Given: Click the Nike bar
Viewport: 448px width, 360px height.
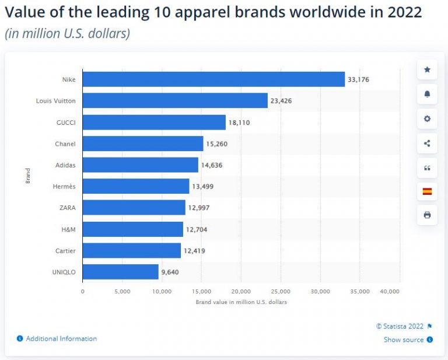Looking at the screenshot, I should pos(213,79).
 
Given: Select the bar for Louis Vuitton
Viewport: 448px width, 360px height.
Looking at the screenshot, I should pos(175,101).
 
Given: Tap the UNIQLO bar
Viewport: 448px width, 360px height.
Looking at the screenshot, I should pos(121,272).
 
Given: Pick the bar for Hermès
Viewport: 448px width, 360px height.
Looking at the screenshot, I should pos(136,187).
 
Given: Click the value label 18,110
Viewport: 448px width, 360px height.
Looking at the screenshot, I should pos(240,123).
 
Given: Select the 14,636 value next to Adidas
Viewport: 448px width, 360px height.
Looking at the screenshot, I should pos(211,165).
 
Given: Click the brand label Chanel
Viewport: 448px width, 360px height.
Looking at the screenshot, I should pos(65,144).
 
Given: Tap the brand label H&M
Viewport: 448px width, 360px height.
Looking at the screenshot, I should pos(68,229).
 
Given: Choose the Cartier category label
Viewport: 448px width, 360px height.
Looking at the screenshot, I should pos(66,251).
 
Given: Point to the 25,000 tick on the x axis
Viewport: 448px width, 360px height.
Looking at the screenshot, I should pos(281,291).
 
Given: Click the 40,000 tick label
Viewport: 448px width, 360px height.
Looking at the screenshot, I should pos(389,291).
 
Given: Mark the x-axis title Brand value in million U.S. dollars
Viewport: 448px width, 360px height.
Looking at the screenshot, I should pos(241,302).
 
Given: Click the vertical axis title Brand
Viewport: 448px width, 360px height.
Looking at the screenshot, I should pos(27,176).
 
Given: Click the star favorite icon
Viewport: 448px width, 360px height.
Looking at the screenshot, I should pos(427,70).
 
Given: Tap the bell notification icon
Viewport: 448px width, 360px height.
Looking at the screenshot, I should pos(427,95).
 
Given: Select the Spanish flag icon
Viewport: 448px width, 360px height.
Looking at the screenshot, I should pos(427,191).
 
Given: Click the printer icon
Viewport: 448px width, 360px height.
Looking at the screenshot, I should pos(427,215).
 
